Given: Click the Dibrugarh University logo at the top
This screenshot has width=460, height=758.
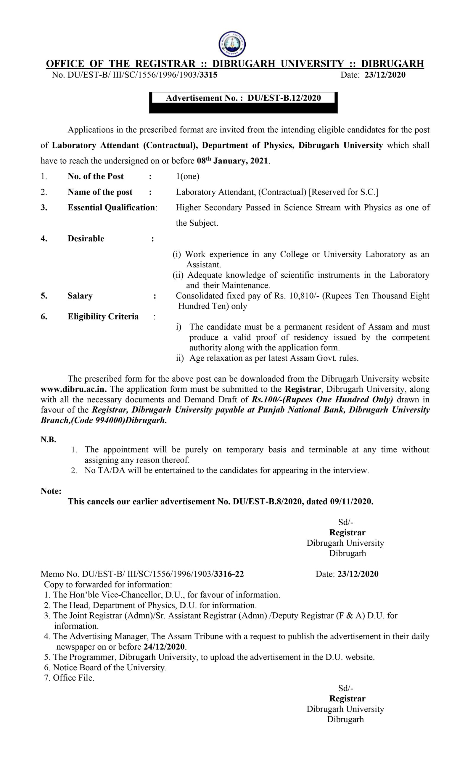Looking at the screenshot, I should point(232,44).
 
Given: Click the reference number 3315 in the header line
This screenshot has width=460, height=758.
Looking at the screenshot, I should point(208,75).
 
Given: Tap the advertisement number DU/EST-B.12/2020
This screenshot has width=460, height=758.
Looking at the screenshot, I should point(284,98).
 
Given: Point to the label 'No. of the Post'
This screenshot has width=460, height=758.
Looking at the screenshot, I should point(96,176).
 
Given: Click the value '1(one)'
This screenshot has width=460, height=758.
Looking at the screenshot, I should point(188,176).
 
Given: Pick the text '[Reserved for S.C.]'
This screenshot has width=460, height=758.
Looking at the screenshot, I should point(343,192).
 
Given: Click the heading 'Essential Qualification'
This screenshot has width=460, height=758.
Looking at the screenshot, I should point(111,208).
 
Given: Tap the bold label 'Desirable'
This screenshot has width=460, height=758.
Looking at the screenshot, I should point(86,238).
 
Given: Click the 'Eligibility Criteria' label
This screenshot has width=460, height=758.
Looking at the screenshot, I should point(103,317).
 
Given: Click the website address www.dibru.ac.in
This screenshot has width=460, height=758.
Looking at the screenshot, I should point(73,389).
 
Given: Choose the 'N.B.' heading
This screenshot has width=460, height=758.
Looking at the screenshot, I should point(48,440).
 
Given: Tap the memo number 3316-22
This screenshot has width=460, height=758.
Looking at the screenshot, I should point(229,574).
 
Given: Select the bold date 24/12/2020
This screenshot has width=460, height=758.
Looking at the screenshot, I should point(164,647).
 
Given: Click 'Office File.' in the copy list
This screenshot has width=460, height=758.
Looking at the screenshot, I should point(73,678).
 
